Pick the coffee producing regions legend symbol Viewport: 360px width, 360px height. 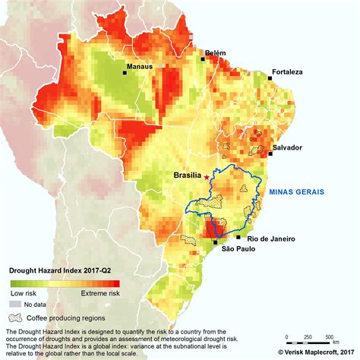(x=14, y=318)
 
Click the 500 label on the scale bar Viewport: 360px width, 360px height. (x=329, y=336)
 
